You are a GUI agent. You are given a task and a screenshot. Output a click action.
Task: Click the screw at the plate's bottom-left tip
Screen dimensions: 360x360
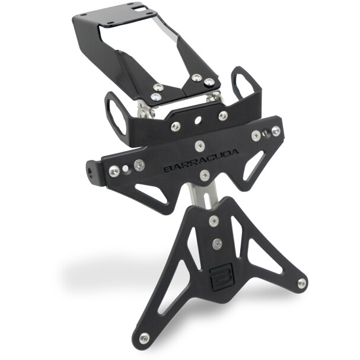coord(144,337)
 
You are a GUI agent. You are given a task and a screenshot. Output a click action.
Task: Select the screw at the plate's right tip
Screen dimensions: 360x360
coord(302,283)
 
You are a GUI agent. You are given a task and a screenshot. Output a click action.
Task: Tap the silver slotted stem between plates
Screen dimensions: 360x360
coord(205,195)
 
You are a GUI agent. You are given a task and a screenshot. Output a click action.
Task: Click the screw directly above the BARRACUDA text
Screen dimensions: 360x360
coord(200,146)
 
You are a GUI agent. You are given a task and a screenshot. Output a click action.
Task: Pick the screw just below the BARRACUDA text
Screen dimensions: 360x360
coord(205,175)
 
